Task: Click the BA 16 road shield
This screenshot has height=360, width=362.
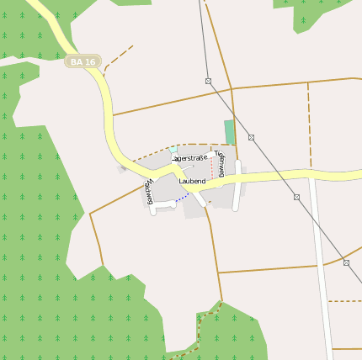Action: coord(83,61)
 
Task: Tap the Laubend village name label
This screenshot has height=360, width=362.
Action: coord(192,181)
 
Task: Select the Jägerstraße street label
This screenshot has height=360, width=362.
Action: coord(190,158)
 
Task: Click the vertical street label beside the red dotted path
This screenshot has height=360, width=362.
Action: coord(221,163)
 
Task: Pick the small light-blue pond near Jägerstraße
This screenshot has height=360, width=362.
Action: coord(173,150)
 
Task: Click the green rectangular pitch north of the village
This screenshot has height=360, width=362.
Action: coord(230,132)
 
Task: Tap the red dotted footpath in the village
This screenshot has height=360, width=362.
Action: coord(211,165)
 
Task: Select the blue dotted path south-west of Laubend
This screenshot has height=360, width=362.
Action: coord(182,197)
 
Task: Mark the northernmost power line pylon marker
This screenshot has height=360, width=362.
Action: coord(208,81)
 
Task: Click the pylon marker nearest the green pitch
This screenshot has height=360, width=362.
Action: coord(251,137)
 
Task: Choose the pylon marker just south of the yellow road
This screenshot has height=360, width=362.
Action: coord(296,197)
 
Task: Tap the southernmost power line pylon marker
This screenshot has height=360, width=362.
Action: coord(346,262)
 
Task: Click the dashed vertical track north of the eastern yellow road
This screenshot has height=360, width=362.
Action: coord(309,126)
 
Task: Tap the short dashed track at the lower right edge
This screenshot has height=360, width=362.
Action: coord(344,300)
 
